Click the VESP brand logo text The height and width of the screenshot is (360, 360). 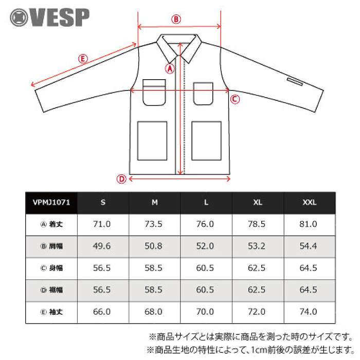pyautogui.click(x=59, y=17)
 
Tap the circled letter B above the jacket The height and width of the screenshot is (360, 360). pyautogui.click(x=176, y=19)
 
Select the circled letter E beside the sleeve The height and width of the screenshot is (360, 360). pyautogui.click(x=83, y=59)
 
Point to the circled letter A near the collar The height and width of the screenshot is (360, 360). pyautogui.click(x=170, y=68)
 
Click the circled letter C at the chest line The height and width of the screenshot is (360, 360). pyautogui.click(x=235, y=99)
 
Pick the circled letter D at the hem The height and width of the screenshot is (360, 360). pyautogui.click(x=121, y=179)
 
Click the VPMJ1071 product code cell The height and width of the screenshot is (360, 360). pyautogui.click(x=51, y=203)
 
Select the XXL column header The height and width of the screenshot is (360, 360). pyautogui.click(x=310, y=203)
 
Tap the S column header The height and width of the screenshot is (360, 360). pyautogui.click(x=103, y=203)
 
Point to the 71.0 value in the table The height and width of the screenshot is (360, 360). pyautogui.click(x=102, y=224)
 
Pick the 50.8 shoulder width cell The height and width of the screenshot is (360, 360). pyautogui.click(x=153, y=246)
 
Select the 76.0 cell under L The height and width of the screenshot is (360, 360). pyautogui.click(x=205, y=224)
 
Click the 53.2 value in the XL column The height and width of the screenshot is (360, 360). pyautogui.click(x=257, y=246)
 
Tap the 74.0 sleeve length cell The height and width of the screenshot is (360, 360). pyautogui.click(x=309, y=312)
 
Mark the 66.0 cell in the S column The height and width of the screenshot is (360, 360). pyautogui.click(x=102, y=312)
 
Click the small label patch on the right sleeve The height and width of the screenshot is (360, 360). pyautogui.click(x=295, y=82)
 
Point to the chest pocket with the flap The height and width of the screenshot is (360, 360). pyautogui.click(x=154, y=93)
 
